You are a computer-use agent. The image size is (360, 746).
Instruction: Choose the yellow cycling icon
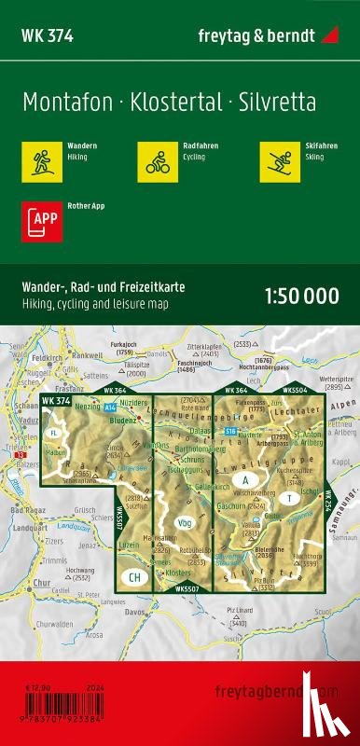point(155,160)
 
